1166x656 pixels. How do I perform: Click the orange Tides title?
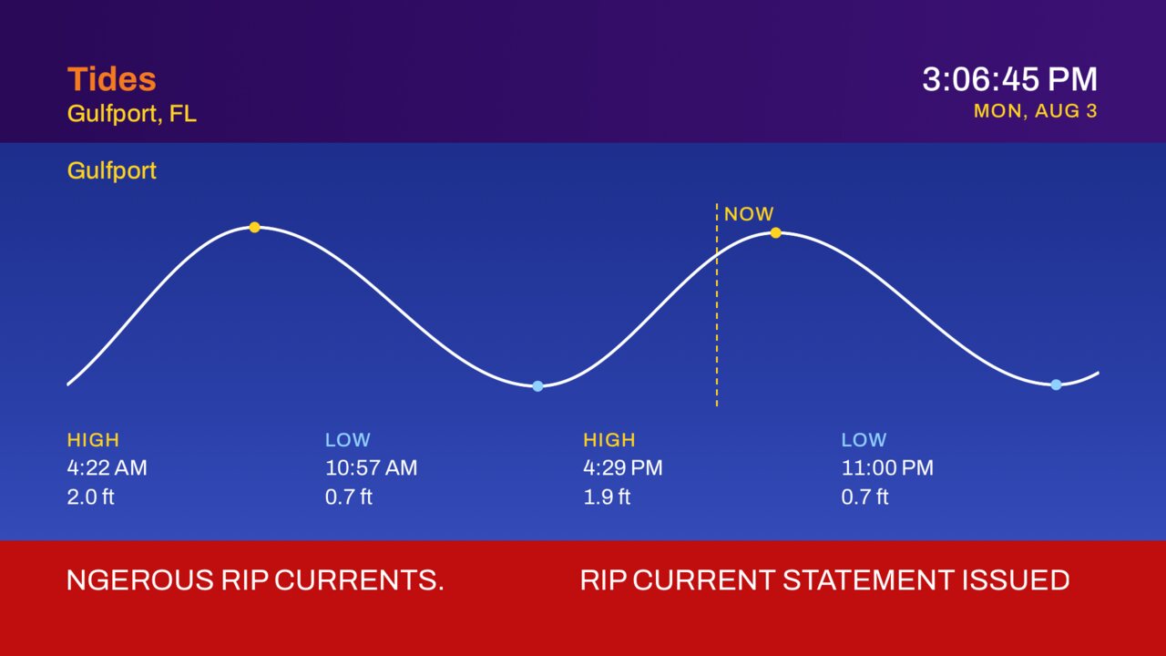(x=111, y=79)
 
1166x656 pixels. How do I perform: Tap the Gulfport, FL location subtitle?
(x=132, y=114)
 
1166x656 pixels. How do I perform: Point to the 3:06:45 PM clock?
(x=1010, y=79)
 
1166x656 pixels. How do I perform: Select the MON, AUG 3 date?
(x=1036, y=111)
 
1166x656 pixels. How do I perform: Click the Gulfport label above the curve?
(x=111, y=170)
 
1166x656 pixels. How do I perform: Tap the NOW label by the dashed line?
(x=749, y=214)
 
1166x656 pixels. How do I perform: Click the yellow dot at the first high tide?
(x=254, y=227)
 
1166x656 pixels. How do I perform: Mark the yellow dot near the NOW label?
(x=775, y=232)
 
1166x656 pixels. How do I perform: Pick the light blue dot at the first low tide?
(x=537, y=385)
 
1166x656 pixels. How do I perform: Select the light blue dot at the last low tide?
(x=1056, y=384)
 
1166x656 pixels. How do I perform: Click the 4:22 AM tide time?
(x=107, y=467)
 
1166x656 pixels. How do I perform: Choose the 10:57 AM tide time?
(x=371, y=467)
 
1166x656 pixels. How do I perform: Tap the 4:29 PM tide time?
(x=622, y=467)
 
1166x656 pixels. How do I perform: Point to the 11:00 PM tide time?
(x=887, y=467)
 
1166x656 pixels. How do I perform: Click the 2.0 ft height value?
(x=90, y=497)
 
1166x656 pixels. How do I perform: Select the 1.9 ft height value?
(x=607, y=497)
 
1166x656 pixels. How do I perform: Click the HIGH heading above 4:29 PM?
(x=609, y=440)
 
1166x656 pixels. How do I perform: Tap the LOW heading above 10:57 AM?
(x=348, y=440)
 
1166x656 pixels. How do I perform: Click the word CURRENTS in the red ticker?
(x=359, y=580)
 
